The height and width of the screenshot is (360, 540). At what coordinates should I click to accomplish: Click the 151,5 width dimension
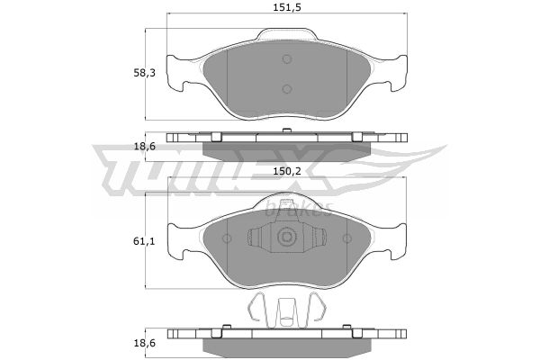pos(287,7)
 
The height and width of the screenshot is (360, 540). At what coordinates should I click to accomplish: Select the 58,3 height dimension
pos(144,73)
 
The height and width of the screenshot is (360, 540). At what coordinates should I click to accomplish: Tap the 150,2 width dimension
pos(287,171)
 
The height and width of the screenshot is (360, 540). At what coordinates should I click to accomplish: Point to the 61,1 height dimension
pos(144,241)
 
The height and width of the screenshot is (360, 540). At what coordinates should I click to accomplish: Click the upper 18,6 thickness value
pos(144,147)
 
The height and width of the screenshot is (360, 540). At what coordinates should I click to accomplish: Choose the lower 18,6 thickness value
pos(144,343)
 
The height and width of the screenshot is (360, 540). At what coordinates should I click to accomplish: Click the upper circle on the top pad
pos(287,59)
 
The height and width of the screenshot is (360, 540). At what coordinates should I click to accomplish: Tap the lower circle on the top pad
pos(287,89)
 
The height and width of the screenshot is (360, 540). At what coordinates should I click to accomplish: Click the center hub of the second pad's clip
pos(287,237)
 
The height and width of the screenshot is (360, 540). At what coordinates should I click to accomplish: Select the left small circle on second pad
pos(227,238)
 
